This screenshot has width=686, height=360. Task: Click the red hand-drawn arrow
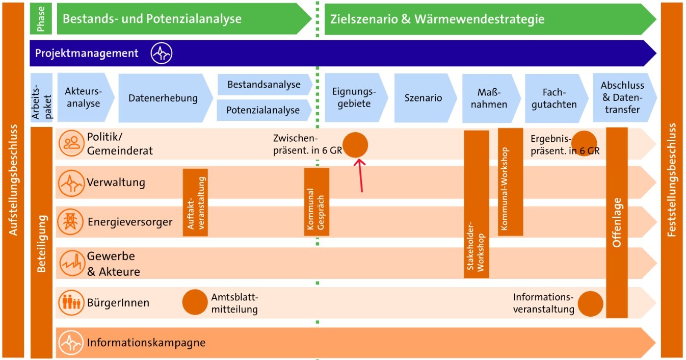pos(360,175)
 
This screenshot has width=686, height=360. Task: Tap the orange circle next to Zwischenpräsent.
pos(355,144)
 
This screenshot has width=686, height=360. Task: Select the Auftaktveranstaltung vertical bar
pos(195,202)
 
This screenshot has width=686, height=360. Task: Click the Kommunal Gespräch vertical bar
pos(316,202)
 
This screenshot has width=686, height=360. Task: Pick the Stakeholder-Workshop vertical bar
pos(476,204)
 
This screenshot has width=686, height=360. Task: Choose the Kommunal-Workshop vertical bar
pos(510,182)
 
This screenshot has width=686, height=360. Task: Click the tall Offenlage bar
pos(617,222)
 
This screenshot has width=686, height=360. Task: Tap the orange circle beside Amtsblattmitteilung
pos(195,302)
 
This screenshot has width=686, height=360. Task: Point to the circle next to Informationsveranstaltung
pos(591,303)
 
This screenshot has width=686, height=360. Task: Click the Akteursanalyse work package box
pos(83,97)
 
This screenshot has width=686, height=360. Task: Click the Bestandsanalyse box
pos(263,85)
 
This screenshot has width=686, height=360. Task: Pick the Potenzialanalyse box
pos(263,110)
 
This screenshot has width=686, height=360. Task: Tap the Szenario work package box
pos(423,98)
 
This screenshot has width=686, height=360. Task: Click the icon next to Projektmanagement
pos(162,53)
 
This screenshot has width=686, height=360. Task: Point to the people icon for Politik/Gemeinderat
pos(71,143)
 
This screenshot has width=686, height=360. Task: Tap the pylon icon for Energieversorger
pos(70,222)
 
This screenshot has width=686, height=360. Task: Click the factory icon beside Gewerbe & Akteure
pos(70,263)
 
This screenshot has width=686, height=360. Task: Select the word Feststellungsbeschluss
pos(672,179)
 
